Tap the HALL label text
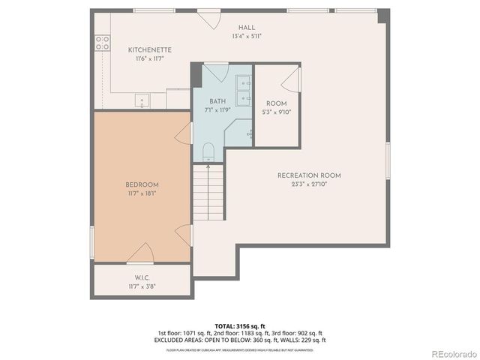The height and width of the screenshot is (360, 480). click(247, 27)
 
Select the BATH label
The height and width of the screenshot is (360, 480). click(217, 101)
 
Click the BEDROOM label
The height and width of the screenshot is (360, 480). click(141, 184)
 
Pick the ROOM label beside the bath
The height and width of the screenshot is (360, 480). click(276, 104)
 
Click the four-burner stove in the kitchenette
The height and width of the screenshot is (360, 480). click(103, 43)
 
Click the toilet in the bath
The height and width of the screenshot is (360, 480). click(208, 152)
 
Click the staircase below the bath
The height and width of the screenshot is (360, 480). click(208, 190)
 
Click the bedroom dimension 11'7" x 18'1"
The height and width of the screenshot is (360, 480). click(141, 193)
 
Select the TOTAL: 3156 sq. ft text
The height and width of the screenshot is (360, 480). click(239, 327)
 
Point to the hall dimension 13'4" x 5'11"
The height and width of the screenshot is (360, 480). click(247, 35)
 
